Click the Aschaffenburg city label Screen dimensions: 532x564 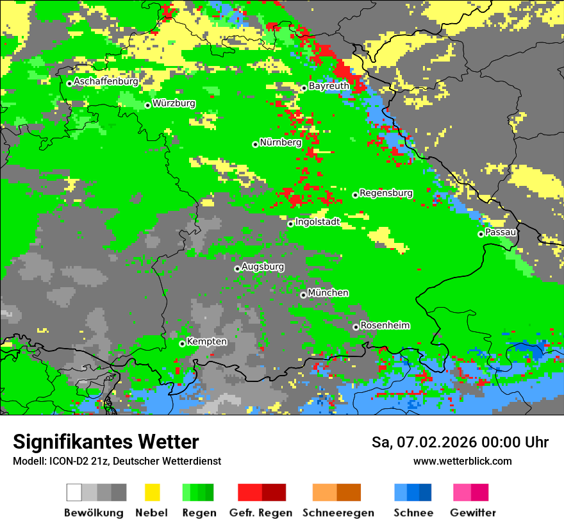click(x=106, y=81)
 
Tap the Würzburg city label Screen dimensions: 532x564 click(x=174, y=103)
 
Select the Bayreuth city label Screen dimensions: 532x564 click(x=329, y=86)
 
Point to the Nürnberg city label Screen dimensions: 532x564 click(x=280, y=142)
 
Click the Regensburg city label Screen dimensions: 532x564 click(x=386, y=193)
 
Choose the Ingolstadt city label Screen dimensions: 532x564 click(x=317, y=222)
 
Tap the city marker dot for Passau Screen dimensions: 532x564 click(x=481, y=234)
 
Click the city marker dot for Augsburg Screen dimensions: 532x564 click(x=237, y=269)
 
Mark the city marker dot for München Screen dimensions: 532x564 click(x=303, y=295)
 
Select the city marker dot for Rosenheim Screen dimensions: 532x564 click(x=356, y=327)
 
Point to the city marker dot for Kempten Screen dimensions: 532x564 click(x=182, y=344)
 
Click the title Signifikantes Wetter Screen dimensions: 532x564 click(x=106, y=442)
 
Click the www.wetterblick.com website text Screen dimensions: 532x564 click(x=462, y=461)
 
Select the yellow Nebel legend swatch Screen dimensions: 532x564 click(x=152, y=492)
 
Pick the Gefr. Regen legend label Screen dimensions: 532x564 click(x=261, y=513)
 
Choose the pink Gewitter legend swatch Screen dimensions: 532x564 click(x=462, y=492)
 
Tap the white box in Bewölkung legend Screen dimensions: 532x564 click(x=74, y=492)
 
